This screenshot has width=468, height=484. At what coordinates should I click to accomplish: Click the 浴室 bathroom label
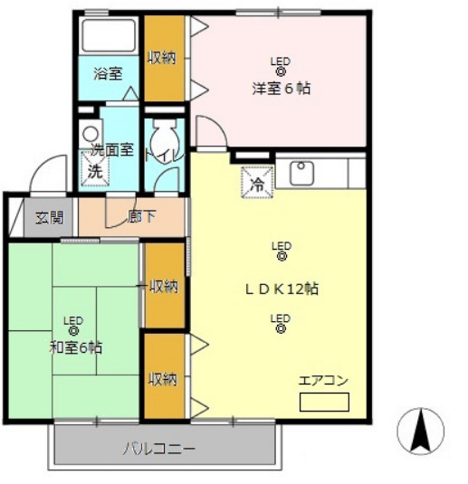tap(109, 73)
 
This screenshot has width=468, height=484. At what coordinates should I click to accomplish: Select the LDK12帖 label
tap(282, 289)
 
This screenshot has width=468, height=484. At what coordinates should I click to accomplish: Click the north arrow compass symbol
tap(421, 431)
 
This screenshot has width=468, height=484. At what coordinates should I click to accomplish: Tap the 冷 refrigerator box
tap(256, 184)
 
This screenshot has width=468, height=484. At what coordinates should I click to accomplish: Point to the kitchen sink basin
tap(301, 169)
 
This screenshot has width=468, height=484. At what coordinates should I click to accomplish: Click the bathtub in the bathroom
tap(109, 36)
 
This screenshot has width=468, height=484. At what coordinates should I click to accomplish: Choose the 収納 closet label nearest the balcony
tap(164, 378)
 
